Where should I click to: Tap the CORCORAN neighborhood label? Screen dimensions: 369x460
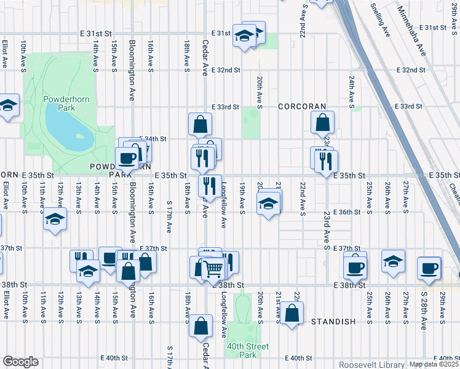click(301, 106)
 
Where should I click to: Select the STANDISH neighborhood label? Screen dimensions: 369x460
click(333, 322)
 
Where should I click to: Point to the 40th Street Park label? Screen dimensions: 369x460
click(247, 351)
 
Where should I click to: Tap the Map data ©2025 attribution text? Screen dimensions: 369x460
click(434, 364)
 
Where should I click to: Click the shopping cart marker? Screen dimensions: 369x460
click(213, 268)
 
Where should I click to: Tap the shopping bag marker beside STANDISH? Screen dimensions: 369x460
click(293, 313)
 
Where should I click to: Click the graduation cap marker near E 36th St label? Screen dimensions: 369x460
click(268, 204)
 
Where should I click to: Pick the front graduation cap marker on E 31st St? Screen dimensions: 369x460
click(244, 36)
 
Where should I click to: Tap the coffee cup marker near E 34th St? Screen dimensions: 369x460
click(127, 157)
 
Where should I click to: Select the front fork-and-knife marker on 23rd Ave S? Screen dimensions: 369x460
click(325, 161)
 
